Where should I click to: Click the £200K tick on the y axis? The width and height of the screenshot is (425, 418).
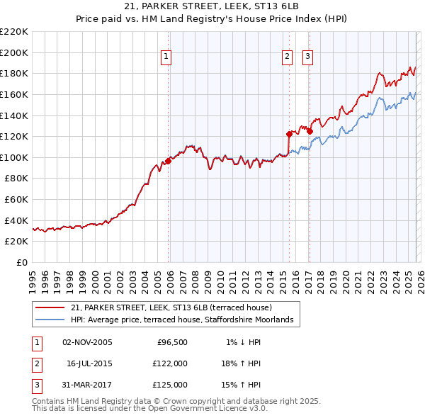(x=15, y=52)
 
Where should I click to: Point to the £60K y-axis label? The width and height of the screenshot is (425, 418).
(x=17, y=200)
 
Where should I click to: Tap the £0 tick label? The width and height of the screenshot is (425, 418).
(x=23, y=263)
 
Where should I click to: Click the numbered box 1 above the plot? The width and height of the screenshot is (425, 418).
(x=166, y=57)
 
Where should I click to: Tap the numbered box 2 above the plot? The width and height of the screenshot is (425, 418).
(x=287, y=57)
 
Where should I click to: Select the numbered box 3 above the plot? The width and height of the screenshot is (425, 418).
(x=308, y=57)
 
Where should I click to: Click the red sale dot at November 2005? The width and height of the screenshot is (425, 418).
(x=169, y=161)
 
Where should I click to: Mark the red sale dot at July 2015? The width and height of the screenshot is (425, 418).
(x=289, y=134)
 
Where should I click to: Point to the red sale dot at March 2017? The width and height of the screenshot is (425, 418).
(x=310, y=130)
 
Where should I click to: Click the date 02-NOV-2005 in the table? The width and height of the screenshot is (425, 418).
(x=87, y=342)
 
